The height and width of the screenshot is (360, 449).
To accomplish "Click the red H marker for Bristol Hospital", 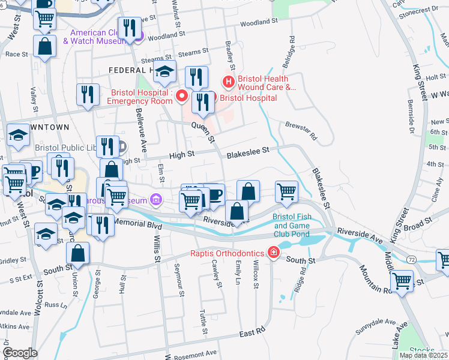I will point(228,82).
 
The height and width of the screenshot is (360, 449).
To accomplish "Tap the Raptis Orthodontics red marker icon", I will point(274,253).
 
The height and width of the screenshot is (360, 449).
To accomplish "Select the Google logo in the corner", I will point(20,352).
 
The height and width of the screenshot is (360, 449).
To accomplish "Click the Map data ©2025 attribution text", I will point(423,355).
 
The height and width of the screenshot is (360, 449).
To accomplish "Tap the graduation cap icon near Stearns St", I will point(164,73).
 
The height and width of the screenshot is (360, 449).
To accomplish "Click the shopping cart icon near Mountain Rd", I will point(402,280).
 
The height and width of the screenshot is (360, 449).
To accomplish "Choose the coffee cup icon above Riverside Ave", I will point(214,194).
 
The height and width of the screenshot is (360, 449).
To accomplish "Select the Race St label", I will point(17,53).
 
